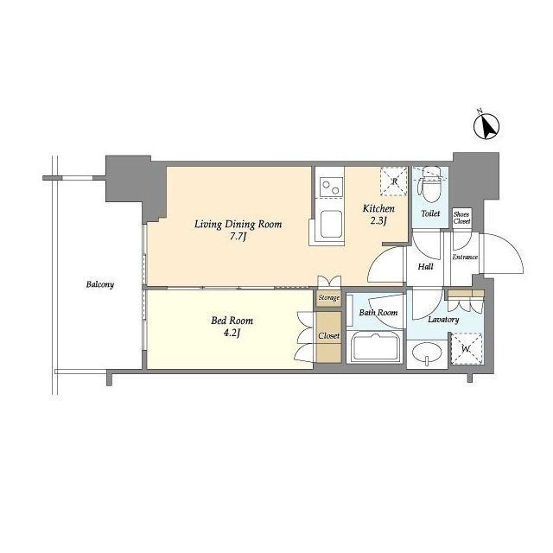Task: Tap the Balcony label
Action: [100, 284]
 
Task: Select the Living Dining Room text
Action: [238, 225]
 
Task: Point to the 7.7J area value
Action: [237, 237]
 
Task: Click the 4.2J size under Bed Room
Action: [232, 333]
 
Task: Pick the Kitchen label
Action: [378, 208]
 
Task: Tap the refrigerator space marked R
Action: [394, 181]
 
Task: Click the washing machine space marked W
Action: [467, 349]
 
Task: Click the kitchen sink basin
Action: [331, 225]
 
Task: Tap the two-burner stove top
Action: [331, 187]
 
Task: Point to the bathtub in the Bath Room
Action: [376, 347]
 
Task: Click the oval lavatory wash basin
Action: [426, 353]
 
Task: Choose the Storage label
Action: [328, 298]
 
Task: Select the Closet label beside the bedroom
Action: [328, 336]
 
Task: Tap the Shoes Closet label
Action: [461, 218]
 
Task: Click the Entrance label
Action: [465, 257]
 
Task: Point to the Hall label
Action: [426, 267]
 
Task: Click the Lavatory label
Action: [443, 320]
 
